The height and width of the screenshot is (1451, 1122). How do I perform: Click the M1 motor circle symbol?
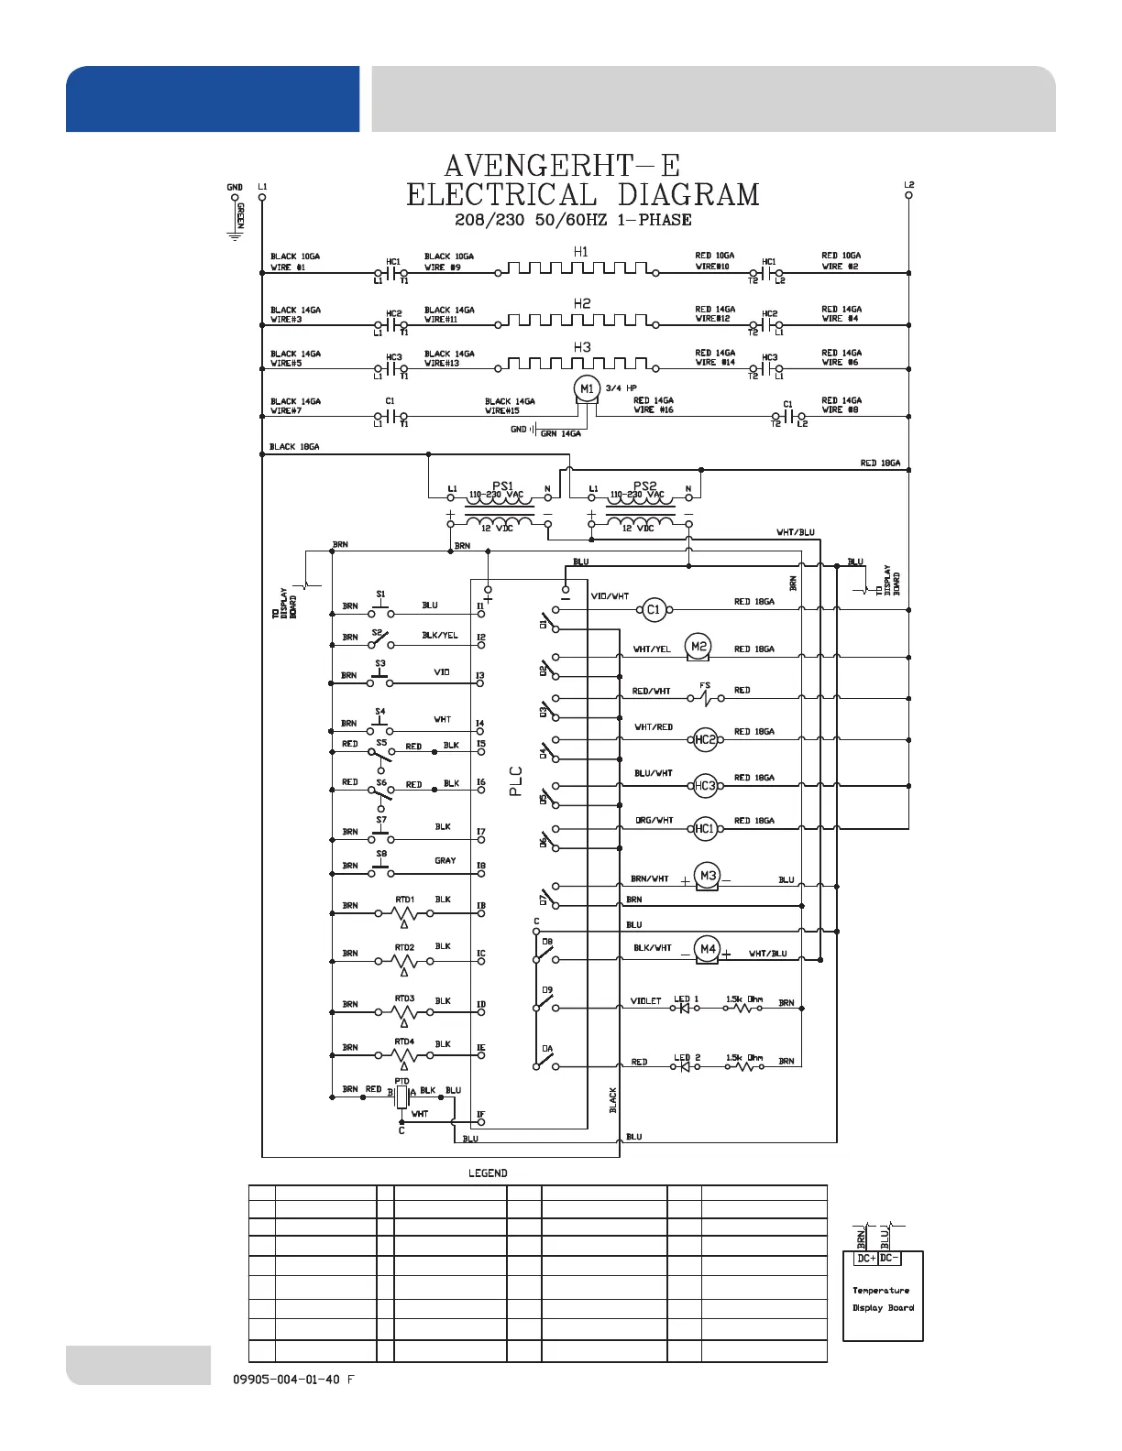click(x=587, y=389)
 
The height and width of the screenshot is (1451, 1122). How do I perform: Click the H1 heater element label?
click(x=581, y=252)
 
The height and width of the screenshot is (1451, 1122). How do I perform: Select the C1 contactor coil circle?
click(x=653, y=609)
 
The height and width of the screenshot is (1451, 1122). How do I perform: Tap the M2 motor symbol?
click(x=698, y=647)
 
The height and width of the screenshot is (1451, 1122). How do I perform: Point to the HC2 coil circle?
click(x=705, y=740)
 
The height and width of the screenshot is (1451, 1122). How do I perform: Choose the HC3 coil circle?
click(x=705, y=786)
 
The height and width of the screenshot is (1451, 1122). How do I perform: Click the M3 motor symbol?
click(x=708, y=877)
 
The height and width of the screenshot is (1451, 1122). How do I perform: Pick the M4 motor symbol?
click(x=707, y=949)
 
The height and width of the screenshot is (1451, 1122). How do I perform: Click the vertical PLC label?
click(x=515, y=780)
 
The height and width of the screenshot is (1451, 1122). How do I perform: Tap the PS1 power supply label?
click(x=502, y=485)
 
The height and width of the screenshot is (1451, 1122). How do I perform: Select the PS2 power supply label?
click(x=645, y=485)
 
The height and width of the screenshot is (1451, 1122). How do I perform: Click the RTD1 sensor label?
click(x=404, y=900)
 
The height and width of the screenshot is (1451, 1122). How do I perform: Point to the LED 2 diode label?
click(x=687, y=1058)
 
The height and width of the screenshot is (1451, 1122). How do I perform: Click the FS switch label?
click(x=705, y=685)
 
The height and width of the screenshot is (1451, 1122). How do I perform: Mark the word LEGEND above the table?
click(x=488, y=1173)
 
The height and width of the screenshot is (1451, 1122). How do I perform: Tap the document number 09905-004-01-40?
click(x=287, y=1380)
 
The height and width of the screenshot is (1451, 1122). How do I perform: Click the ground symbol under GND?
click(x=235, y=235)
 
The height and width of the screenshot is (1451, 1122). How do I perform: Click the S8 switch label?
click(x=381, y=854)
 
